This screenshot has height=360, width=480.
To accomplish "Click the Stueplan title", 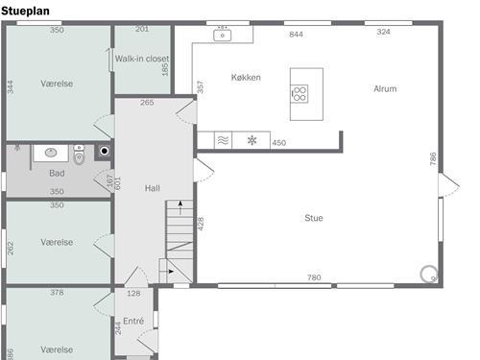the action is tap(25, 11).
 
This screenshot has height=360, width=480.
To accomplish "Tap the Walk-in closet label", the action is tap(142, 59).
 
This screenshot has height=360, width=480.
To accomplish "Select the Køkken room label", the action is tap(246, 77).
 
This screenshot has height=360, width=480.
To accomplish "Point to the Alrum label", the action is tap(385, 88).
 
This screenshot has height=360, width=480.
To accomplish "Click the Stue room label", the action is tap(314, 218).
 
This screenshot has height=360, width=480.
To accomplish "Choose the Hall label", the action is tap(153, 188).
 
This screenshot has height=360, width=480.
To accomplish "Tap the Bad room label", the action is tap(57, 173).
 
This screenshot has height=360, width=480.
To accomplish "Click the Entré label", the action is tap(133, 321).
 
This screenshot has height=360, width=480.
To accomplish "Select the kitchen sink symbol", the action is tap(223, 35).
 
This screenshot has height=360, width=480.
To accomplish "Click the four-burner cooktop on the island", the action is tap(300, 94).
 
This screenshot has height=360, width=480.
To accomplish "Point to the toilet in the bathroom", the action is tap(79, 155).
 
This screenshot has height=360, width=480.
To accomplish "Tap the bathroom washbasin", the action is tap(51, 153).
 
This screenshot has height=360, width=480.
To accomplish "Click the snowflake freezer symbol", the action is tap(252, 140).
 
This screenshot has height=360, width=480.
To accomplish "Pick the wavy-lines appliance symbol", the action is tap(223, 140).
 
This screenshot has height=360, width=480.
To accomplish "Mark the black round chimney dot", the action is tap(105, 151).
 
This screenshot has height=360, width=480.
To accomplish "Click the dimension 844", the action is tap(296, 35).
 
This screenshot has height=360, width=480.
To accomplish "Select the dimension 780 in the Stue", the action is tap(314, 277).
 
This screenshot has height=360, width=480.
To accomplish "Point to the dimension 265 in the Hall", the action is tap(147, 103).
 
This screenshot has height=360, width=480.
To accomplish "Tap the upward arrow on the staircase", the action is tap(180, 207).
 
